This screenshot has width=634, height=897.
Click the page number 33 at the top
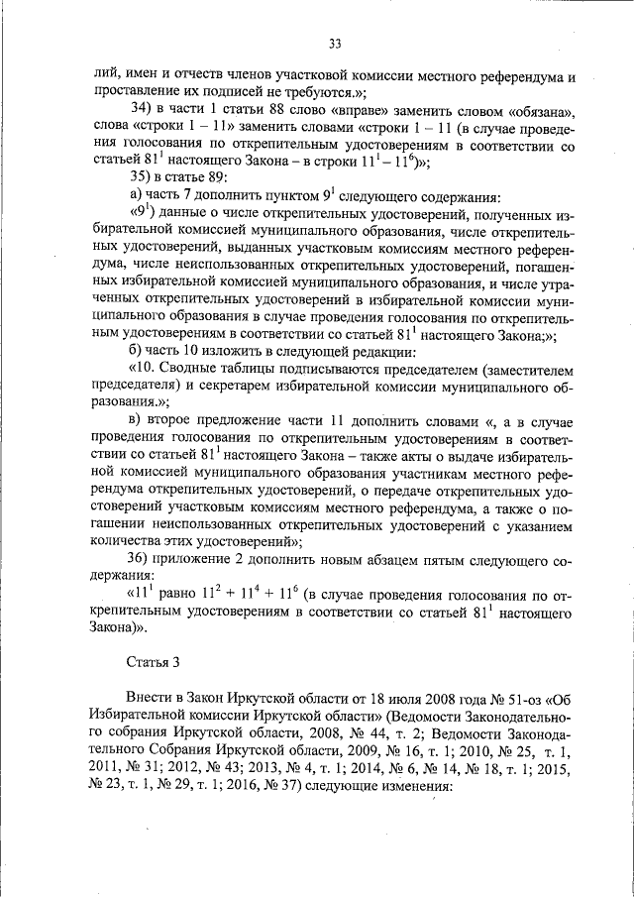coord(334,43)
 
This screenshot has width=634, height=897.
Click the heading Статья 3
coord(156,660)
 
